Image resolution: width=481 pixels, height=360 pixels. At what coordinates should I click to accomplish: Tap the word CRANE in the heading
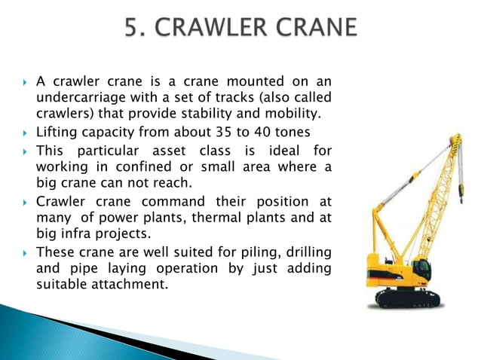click(x=314, y=29)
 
